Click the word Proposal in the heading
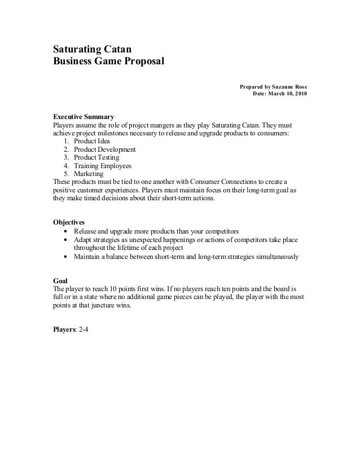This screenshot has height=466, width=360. [143, 61]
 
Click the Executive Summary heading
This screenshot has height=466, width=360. [84, 116]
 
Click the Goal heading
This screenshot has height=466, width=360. [60, 279]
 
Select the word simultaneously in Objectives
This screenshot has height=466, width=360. [276, 257]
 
